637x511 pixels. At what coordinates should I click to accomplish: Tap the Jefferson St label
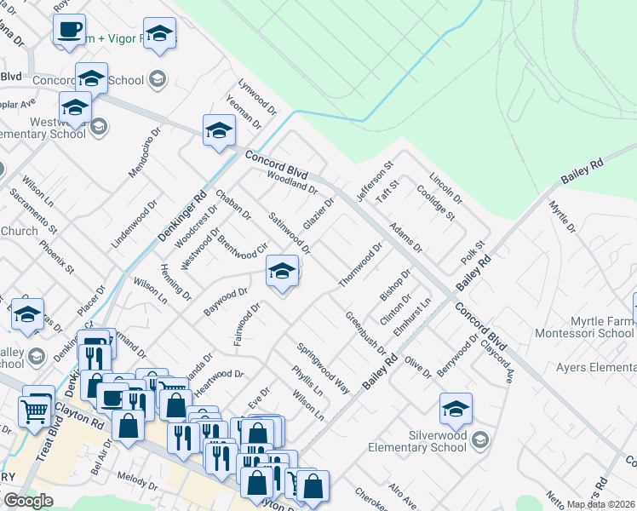(x=374, y=181)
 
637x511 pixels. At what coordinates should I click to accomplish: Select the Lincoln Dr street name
(x=445, y=189)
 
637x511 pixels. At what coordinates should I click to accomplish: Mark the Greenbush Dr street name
(x=365, y=333)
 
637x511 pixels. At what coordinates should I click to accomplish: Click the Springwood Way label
(x=324, y=368)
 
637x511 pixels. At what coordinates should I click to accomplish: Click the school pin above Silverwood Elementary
(x=456, y=410)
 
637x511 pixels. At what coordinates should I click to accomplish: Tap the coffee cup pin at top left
(x=70, y=31)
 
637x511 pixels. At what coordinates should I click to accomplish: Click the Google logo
(x=28, y=501)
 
